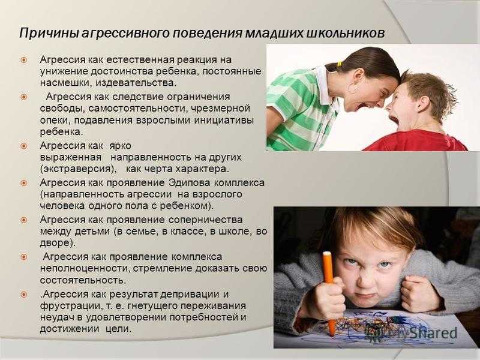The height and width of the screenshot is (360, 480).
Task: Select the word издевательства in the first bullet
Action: coord(136,83)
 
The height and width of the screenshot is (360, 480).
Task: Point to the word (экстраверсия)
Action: coord(80,169)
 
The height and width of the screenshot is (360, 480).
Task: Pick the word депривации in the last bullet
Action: coord(190,295)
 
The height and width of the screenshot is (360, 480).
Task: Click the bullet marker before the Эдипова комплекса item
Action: coord(24,183)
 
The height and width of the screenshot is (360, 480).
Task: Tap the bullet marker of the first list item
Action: coord(24,59)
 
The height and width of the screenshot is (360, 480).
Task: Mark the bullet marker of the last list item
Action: coord(24,295)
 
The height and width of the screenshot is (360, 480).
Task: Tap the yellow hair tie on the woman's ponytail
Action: coord(339,64)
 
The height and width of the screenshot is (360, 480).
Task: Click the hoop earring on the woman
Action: coord(353,89)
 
